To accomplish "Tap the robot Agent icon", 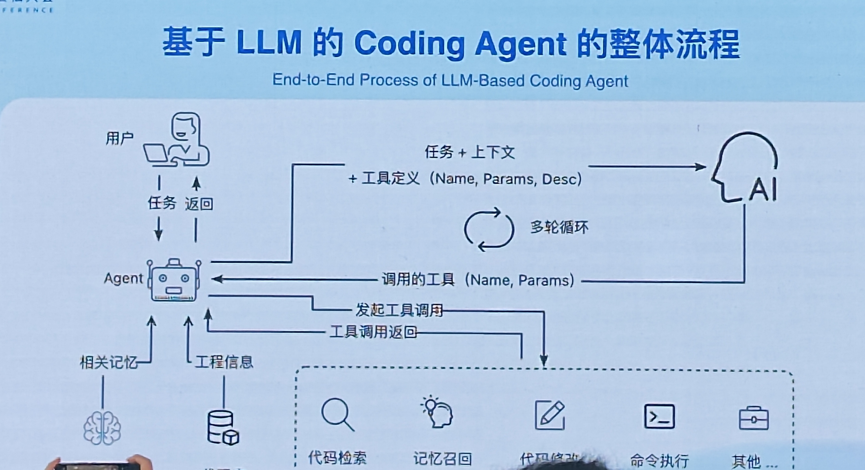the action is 174,280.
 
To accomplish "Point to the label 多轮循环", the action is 559,228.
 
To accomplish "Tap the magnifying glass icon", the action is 337,414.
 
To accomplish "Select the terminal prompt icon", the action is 659,417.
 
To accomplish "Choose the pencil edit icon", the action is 550,415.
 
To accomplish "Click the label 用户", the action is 119,138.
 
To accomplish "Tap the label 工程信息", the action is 224,362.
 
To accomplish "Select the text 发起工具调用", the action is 399,310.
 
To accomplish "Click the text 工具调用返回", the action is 373,332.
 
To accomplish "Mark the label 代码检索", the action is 337,458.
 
